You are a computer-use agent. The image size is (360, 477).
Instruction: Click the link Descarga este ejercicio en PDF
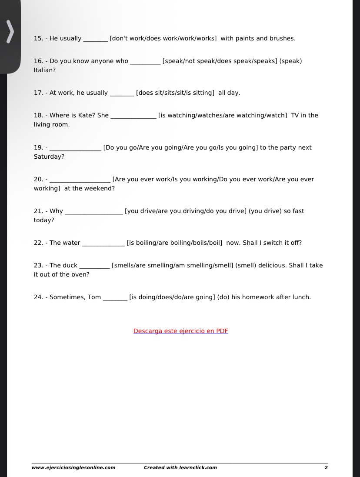180,331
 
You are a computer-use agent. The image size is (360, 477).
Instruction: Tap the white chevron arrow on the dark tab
10,32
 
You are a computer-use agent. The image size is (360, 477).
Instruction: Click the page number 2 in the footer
326,468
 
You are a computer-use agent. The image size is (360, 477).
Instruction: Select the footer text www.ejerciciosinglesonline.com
73,468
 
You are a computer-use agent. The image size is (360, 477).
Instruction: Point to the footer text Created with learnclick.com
180,468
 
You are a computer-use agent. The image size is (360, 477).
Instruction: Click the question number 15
38,38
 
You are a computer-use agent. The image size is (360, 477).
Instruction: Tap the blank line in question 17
122,93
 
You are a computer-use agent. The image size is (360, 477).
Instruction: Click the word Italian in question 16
44,70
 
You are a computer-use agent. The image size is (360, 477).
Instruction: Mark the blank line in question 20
80,180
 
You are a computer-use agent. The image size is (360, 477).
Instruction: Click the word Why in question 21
56,211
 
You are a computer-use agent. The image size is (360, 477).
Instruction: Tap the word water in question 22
71,243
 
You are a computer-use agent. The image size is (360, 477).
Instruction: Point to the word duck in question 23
70,266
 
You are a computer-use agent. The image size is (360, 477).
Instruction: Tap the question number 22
38,243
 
